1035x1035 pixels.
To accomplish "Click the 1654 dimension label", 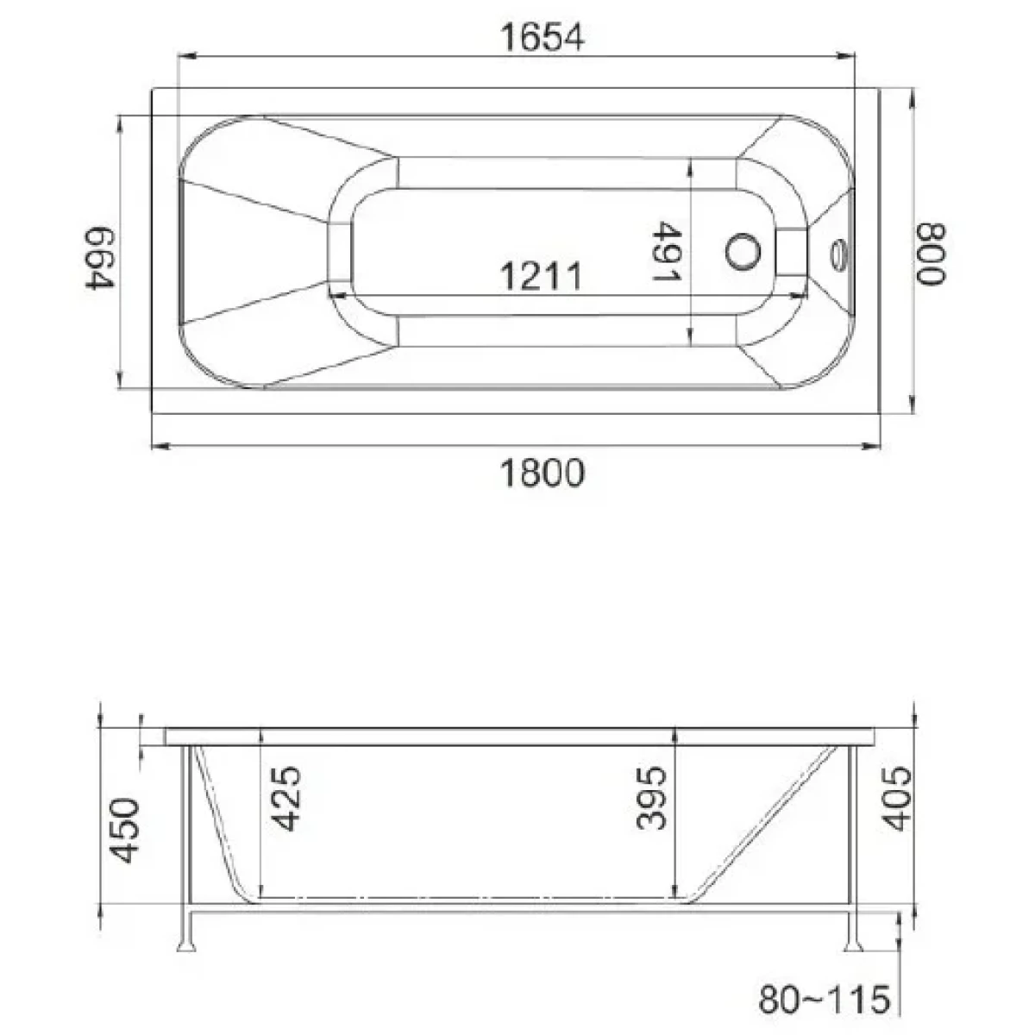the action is [542, 38].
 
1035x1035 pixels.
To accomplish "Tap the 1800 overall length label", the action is [542, 473].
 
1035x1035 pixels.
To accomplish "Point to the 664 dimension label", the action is [99, 257].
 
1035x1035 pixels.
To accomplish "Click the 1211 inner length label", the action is [541, 276].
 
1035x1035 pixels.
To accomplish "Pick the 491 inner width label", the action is [667, 251].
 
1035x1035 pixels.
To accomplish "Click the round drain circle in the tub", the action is [743, 252].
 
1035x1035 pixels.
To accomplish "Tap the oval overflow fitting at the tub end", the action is [839, 254].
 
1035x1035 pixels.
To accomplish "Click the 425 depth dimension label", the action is [285, 798].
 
